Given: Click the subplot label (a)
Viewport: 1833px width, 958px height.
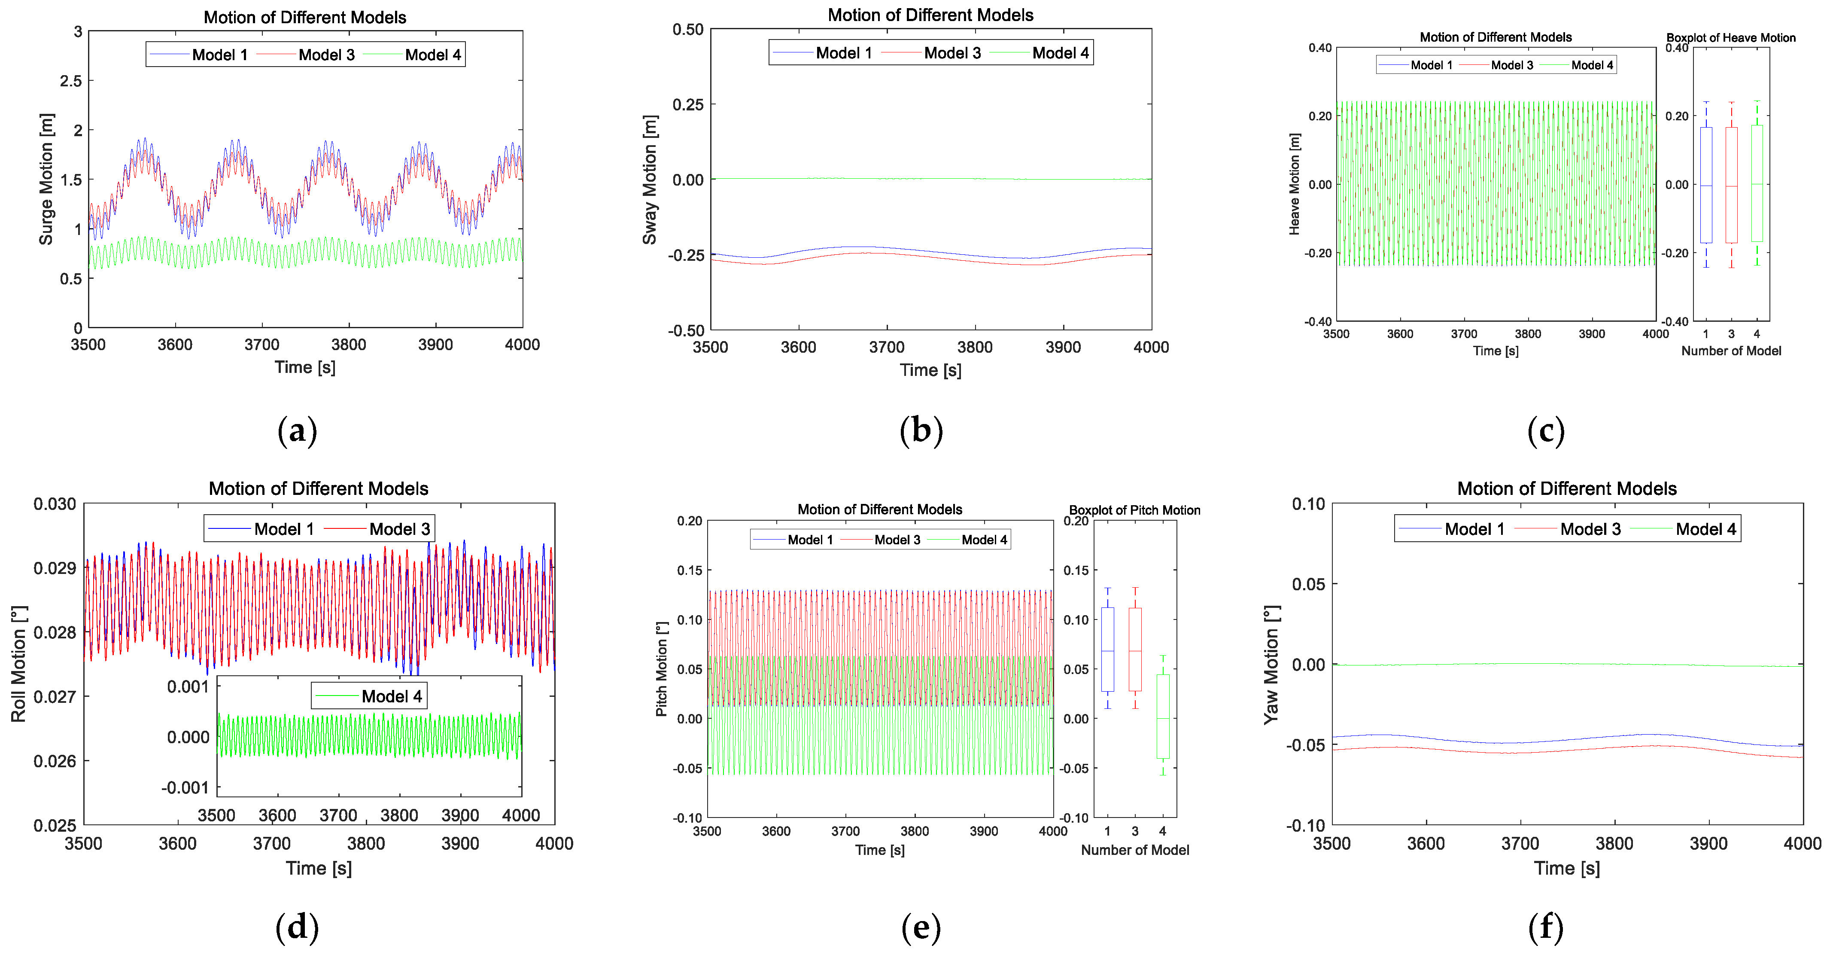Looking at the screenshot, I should click(x=297, y=431).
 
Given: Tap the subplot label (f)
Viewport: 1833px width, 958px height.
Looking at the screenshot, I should click(x=1545, y=927).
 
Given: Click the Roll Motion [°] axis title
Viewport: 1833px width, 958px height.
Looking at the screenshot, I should click(x=18, y=664).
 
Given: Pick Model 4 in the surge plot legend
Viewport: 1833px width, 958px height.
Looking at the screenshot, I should click(x=433, y=55).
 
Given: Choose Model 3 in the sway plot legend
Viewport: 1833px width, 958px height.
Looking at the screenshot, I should click(x=952, y=53).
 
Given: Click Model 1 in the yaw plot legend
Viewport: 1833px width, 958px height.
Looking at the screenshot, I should click(x=1474, y=529).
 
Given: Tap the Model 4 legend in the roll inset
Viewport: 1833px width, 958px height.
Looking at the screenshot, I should click(x=391, y=696).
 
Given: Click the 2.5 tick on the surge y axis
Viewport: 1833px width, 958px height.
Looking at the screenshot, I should click(x=71, y=81).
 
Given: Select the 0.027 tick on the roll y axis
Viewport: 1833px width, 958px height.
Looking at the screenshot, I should click(x=55, y=697).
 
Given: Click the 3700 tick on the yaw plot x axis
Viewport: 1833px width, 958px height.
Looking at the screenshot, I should click(x=1520, y=843).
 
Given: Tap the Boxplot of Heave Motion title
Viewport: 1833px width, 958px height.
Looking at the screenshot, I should click(x=1730, y=38).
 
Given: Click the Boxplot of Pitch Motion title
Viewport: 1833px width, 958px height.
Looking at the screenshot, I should click(x=1134, y=510).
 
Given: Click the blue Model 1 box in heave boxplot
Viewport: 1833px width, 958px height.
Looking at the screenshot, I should click(x=1705, y=185).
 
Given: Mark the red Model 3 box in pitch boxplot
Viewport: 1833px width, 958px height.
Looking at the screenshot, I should click(x=1135, y=649).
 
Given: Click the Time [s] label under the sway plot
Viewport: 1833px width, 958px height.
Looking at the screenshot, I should click(x=930, y=370).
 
